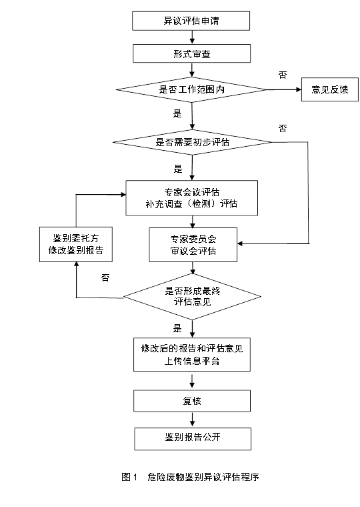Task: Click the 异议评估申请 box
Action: (191, 21)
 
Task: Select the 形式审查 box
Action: (191, 53)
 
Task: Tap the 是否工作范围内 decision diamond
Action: (191, 89)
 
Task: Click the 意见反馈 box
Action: (330, 89)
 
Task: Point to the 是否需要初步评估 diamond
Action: (192, 142)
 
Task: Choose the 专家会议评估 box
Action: (191, 198)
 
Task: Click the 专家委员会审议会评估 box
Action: (193, 245)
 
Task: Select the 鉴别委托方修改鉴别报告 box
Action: (76, 244)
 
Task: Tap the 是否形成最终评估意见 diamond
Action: (192, 296)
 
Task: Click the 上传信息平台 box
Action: (192, 355)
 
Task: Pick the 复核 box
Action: (192, 401)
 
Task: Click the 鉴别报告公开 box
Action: (193, 439)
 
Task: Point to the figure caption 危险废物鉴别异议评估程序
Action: (203, 477)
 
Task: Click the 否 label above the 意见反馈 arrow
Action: (283, 75)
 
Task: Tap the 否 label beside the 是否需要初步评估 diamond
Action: (283, 128)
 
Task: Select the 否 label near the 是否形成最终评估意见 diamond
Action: (105, 278)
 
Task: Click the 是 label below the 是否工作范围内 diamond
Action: (177, 114)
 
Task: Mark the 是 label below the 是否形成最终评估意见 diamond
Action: (177, 328)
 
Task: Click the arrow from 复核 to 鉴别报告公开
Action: (193, 420)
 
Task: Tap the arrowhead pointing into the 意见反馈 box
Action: (299, 89)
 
